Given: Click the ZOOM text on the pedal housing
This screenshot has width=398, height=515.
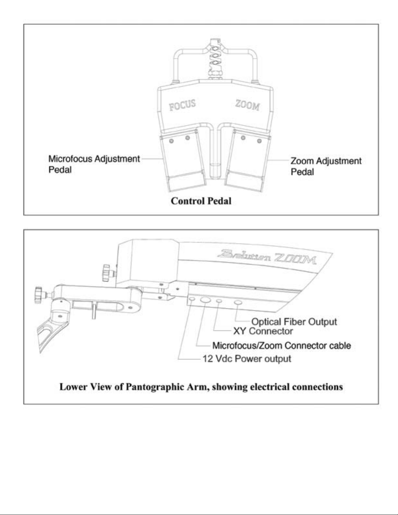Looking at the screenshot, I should click(x=248, y=105).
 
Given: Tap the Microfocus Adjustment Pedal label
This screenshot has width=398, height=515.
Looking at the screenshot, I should click(x=94, y=164).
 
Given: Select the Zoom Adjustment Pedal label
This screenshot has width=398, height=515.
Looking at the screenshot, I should click(x=326, y=166).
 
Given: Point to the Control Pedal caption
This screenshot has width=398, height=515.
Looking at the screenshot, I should click(x=201, y=201).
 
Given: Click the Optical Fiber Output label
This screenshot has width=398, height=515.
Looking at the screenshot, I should click(x=294, y=322).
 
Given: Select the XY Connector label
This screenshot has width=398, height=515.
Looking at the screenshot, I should click(x=263, y=331).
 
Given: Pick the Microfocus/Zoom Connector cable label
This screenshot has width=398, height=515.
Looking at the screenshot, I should click(x=281, y=345).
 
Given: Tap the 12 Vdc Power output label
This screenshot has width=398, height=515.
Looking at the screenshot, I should click(x=247, y=359).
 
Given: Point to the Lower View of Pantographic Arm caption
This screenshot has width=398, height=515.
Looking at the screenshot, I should click(x=201, y=387).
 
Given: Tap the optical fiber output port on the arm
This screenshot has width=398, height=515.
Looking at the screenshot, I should click(x=238, y=303).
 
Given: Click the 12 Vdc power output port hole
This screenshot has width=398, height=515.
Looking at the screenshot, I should click(x=192, y=299).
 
